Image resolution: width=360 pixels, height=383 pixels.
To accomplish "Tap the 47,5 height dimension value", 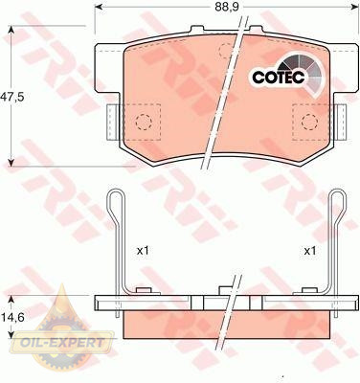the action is click(x=11, y=96).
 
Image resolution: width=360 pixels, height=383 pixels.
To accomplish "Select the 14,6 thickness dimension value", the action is click(x=12, y=317).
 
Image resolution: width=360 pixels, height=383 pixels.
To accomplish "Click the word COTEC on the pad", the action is click(x=279, y=78).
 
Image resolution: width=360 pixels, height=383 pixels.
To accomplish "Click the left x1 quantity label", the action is click(x=143, y=251).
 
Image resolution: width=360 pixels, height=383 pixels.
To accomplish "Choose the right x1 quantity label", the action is click(x=309, y=251).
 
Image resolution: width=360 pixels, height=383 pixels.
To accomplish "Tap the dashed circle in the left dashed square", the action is click(x=143, y=122).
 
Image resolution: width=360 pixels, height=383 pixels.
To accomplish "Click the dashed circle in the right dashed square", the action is click(x=309, y=122).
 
